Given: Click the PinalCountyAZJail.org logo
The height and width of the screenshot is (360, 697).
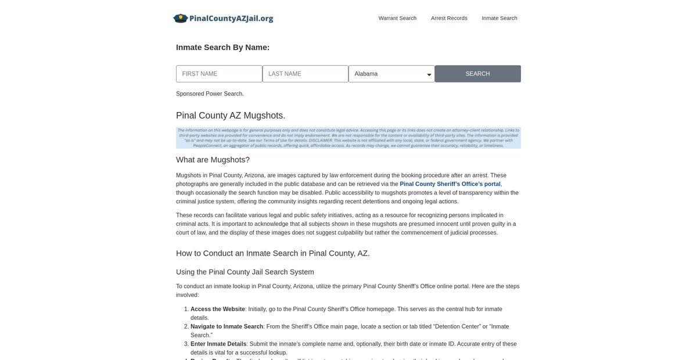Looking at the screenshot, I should tap(224, 18).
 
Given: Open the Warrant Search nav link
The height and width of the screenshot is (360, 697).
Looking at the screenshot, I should tap(397, 18).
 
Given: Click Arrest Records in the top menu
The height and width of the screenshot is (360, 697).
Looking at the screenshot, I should tap(449, 18).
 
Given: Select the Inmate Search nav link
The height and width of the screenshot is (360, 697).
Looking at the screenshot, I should tap(499, 18).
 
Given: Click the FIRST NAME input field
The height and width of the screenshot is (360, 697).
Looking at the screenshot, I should tap(219, 74).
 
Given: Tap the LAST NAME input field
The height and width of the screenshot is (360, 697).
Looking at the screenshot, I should tap(305, 74).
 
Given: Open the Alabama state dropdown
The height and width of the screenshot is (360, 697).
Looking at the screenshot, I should tap(391, 74).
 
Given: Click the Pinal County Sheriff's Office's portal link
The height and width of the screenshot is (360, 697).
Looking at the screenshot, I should tap(450, 184).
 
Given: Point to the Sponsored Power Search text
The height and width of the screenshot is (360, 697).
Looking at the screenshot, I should tap(210, 94).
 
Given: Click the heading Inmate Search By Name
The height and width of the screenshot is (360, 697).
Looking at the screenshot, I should tap(222, 48).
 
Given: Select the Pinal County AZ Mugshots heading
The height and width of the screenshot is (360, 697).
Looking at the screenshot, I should tap(231, 116).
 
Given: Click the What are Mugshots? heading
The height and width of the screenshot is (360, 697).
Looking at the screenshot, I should tap(213, 160).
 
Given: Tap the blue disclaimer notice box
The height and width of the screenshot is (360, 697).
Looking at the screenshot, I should tap(348, 138).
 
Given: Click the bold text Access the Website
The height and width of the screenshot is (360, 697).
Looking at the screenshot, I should tap(217, 309).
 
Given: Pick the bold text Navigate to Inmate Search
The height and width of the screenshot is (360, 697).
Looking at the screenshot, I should tap(227, 327).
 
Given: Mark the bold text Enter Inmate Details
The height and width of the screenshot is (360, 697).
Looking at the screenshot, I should tap(218, 344).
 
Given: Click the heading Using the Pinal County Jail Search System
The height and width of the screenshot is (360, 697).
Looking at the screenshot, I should tap(245, 272).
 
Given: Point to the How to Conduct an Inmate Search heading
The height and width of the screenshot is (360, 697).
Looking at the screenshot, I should tap(272, 253).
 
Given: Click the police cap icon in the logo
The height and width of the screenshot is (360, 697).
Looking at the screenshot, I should tap(181, 18).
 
